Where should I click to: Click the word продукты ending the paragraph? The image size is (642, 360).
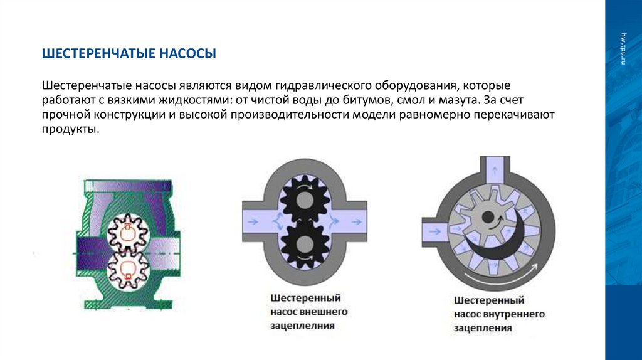pyautogui.click(x=70, y=130)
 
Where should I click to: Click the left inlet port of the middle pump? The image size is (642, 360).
pyautogui.click(x=257, y=220)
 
